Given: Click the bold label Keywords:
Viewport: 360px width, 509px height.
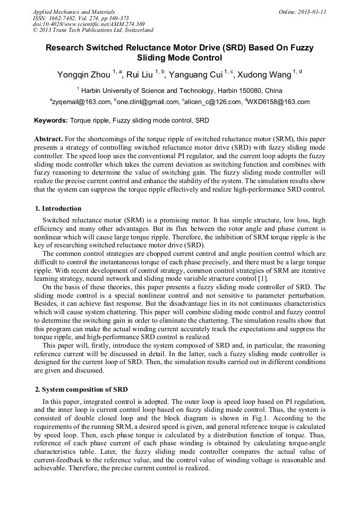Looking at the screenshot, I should (x=51, y=121).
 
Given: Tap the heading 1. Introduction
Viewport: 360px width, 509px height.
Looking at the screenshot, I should (x=58, y=209).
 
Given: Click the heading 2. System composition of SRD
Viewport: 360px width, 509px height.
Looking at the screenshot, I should (x=81, y=390).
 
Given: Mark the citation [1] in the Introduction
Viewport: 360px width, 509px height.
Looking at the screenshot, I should (x=263, y=279).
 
